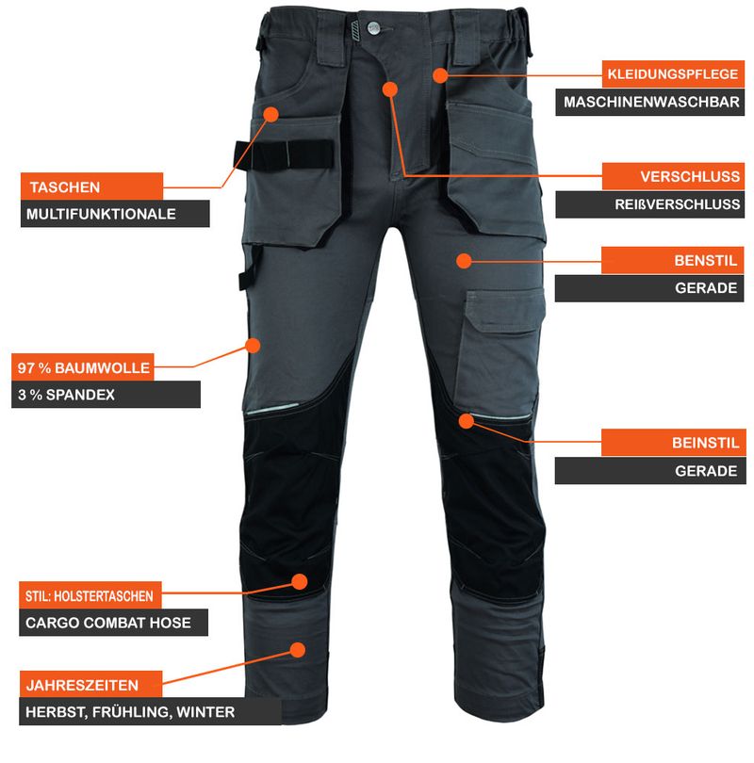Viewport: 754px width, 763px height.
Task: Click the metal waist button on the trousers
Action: [x=374, y=27]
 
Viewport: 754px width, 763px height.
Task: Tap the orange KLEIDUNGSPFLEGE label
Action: [x=673, y=74]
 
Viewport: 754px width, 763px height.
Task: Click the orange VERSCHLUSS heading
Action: [x=673, y=176]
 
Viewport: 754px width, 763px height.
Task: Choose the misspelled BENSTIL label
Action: [x=672, y=260]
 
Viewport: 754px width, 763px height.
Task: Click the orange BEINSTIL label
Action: [x=674, y=443]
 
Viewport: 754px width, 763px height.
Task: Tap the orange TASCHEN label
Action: [x=92, y=187]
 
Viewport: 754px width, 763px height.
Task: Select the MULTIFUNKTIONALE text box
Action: [x=115, y=214]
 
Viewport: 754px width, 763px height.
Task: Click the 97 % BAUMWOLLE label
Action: [x=83, y=367]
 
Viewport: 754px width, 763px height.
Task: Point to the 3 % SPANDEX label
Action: [x=106, y=395]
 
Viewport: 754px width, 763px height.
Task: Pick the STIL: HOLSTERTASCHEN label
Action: [x=90, y=595]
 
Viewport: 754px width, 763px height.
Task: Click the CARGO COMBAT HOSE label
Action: [x=113, y=623]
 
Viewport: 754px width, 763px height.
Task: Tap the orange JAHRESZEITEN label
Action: [x=90, y=685]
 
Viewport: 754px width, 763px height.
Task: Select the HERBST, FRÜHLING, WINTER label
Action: [x=151, y=712]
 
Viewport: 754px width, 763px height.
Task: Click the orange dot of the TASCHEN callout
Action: [x=271, y=114]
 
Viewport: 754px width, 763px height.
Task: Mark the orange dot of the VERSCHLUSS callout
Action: [x=390, y=89]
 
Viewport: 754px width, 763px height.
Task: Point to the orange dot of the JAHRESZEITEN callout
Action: [x=298, y=650]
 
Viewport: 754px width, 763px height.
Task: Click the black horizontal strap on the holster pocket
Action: [x=284, y=155]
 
